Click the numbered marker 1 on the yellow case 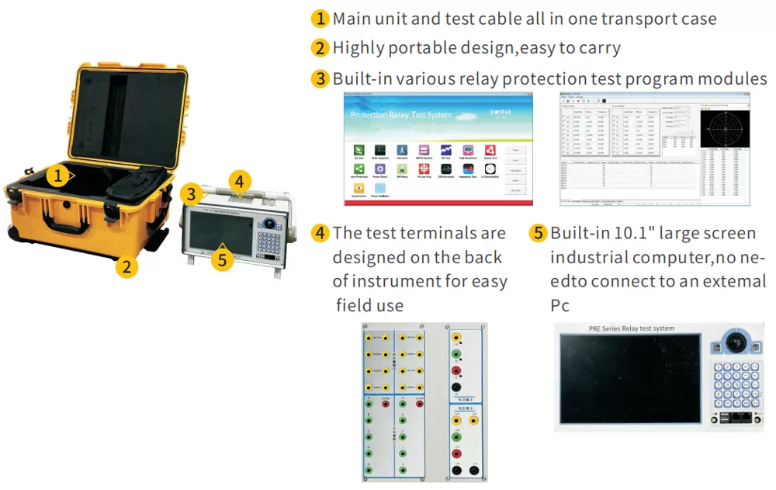click(x=57, y=175)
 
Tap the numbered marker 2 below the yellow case click(x=126, y=267)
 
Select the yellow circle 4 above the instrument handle click(x=241, y=182)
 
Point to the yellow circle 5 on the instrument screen click(x=223, y=259)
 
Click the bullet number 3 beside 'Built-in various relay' click(x=320, y=78)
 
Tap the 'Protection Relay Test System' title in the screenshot click(x=400, y=115)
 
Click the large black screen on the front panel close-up click(x=631, y=379)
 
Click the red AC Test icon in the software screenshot click(x=359, y=150)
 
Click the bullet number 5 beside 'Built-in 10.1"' click(x=539, y=233)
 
